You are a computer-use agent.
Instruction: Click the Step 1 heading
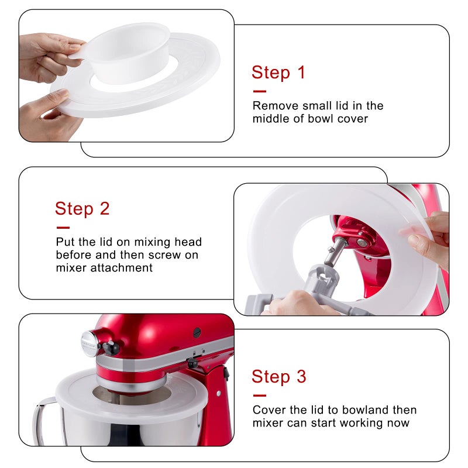pyautogui.click(x=278, y=73)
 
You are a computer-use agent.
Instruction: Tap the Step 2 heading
pyautogui.click(x=82, y=209)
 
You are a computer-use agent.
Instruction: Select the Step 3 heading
pyautogui.click(x=278, y=377)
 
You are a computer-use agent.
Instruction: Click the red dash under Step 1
pyautogui.click(x=259, y=91)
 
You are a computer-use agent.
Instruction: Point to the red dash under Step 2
pyautogui.click(x=63, y=228)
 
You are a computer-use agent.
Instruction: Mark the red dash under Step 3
pyautogui.click(x=259, y=395)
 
